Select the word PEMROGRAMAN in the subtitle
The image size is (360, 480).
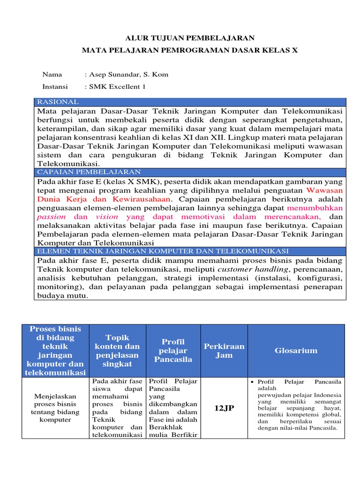202,50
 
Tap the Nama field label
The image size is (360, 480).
52,75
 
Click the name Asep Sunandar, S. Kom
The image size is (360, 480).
126,75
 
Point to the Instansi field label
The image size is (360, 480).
55,87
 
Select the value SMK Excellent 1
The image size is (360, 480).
115,87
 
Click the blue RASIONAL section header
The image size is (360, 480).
58,102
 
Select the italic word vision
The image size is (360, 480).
107,217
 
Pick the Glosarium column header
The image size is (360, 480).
296,351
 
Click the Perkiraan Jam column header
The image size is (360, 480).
224,351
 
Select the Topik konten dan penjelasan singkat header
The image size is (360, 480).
117,351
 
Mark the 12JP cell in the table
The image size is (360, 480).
224,408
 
